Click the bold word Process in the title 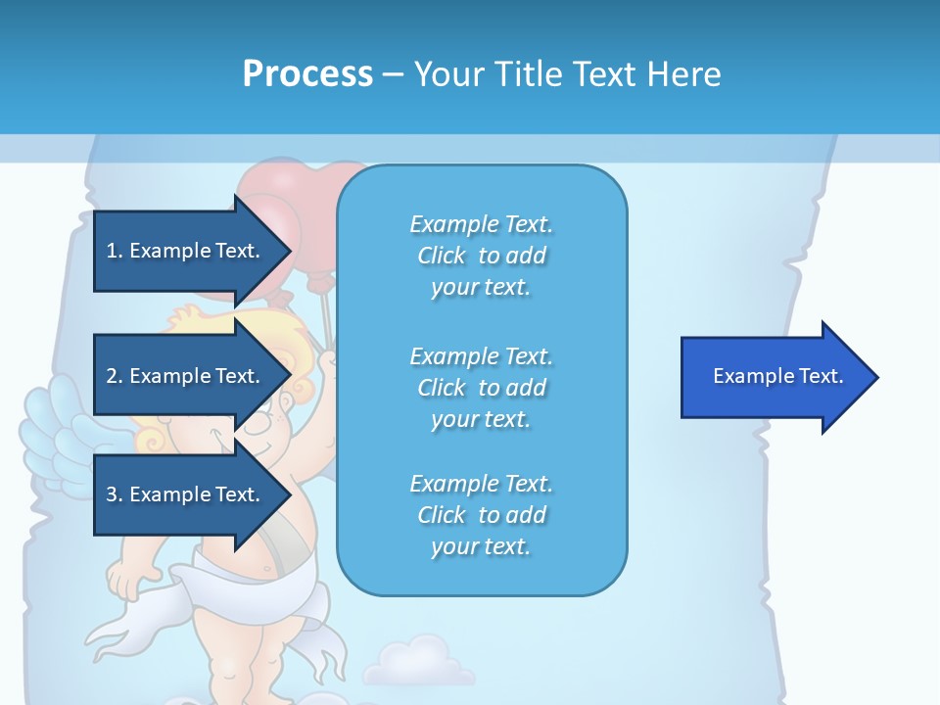pyautogui.click(x=307, y=74)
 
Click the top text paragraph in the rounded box pyautogui.click(x=481, y=256)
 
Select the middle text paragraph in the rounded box pyautogui.click(x=481, y=388)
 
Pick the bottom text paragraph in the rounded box pyautogui.click(x=481, y=515)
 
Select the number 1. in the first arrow pyautogui.click(x=115, y=251)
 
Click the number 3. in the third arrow pyautogui.click(x=115, y=494)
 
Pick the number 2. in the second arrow pyautogui.click(x=115, y=376)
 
